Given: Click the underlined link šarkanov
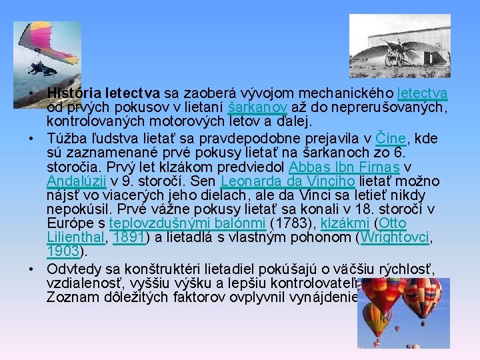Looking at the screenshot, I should click(x=249, y=107).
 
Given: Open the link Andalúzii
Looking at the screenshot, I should click(x=75, y=181).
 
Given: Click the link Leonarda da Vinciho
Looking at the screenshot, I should click(x=289, y=181).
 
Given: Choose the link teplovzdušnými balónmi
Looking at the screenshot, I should click(x=187, y=223).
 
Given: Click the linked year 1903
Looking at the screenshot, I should click(x=63, y=251).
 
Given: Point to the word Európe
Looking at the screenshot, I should click(x=67, y=223).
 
